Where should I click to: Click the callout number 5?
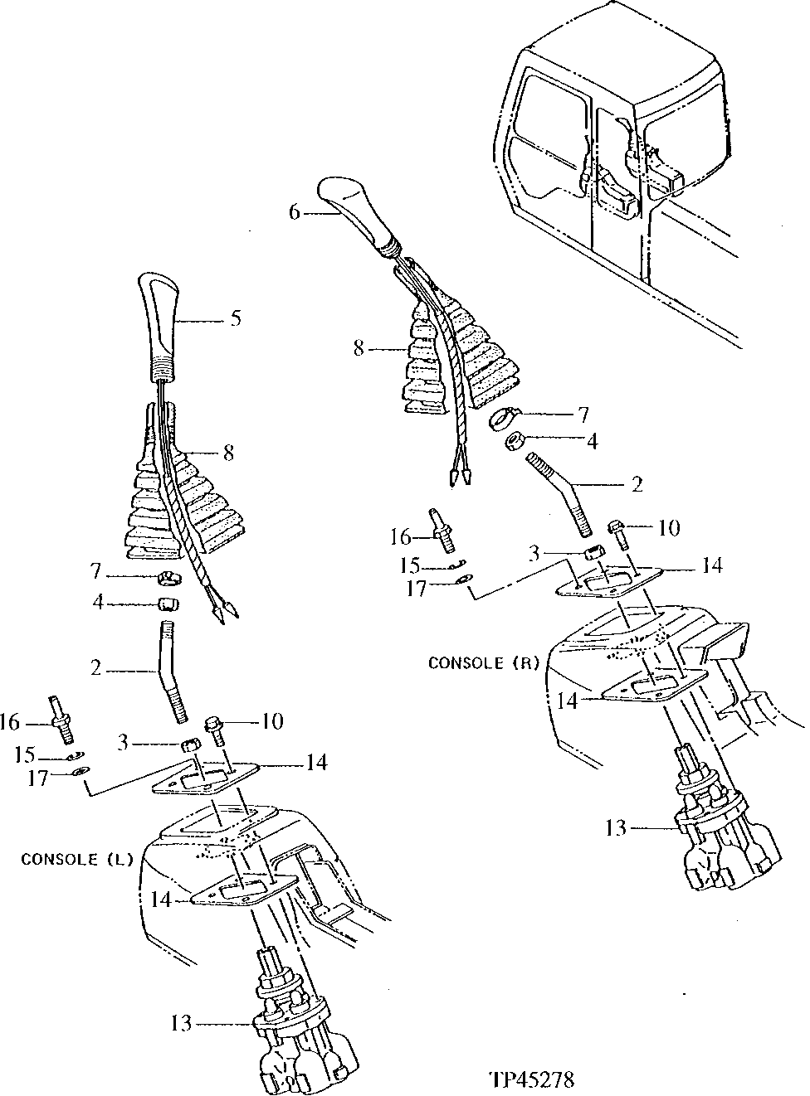click(236, 318)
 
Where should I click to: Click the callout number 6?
click(294, 212)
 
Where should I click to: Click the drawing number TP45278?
click(532, 1079)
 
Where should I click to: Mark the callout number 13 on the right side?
click(617, 827)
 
